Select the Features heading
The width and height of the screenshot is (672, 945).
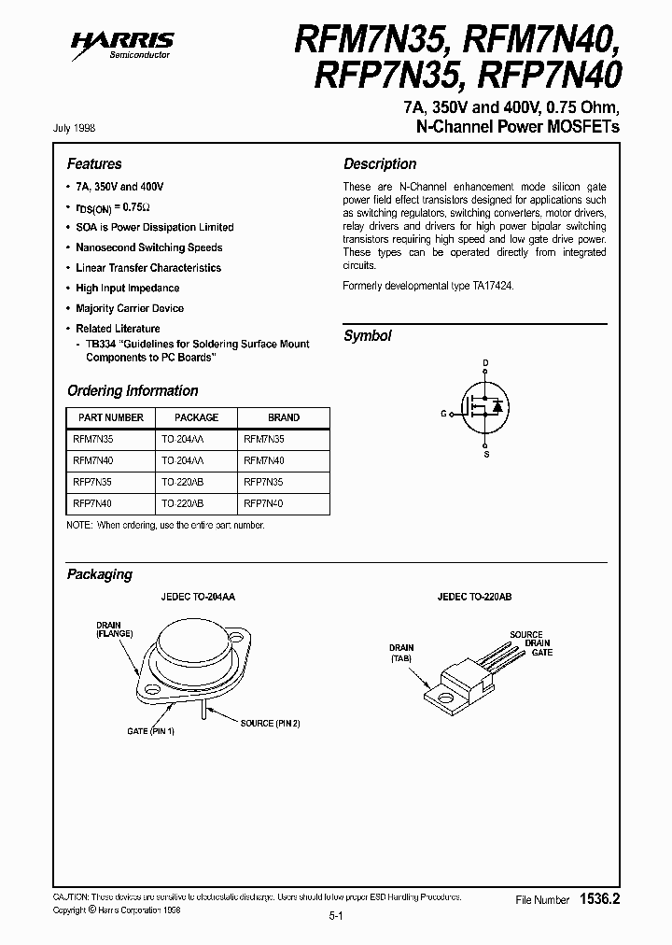94,163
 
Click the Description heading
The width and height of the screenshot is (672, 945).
380,163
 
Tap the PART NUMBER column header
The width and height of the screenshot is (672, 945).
109,417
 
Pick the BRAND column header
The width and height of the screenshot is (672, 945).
284,417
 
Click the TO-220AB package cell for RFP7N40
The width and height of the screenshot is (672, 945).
182,503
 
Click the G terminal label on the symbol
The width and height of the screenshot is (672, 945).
443,412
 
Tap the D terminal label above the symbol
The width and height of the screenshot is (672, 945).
485,362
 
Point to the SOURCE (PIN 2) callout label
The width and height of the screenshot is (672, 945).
271,723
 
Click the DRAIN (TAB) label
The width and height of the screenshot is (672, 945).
401,652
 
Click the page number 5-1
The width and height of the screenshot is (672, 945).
336,918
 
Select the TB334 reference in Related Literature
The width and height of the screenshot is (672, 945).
98,344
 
